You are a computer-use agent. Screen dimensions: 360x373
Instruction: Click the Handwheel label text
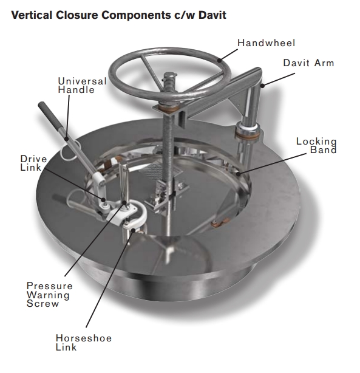267,43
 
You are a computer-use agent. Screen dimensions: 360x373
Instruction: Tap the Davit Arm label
308,63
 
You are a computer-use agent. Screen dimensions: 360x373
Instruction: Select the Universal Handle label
82,86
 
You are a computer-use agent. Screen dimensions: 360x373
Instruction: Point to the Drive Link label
33,163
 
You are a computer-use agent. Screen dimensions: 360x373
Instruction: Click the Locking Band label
316,146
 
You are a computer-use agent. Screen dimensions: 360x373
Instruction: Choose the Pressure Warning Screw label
49,295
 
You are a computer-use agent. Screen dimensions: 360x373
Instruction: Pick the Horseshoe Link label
84,342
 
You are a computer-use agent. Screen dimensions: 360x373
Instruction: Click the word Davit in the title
212,15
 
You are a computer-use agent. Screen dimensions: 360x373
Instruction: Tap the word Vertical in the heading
32,15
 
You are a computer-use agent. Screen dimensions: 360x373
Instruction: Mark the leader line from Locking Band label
272,164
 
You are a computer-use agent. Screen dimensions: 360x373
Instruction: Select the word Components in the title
136,15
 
